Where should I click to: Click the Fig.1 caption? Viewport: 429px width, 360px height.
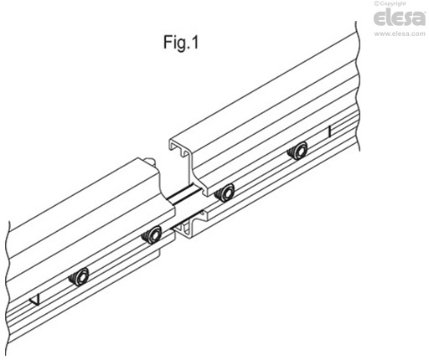click(181, 43)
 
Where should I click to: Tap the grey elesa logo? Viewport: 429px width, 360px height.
click(400, 18)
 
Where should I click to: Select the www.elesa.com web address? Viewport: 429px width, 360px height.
click(400, 33)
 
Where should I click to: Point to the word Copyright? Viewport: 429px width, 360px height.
click(393, 3)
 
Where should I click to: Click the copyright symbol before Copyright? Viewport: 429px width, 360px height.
click(377, 3)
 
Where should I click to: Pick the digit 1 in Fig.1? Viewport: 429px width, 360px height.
click(194, 43)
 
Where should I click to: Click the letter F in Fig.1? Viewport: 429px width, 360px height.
click(168, 43)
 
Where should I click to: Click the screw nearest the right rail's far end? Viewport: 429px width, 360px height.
click(297, 151)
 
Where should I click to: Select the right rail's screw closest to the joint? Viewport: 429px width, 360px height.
click(225, 193)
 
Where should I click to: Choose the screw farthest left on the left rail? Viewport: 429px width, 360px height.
click(79, 276)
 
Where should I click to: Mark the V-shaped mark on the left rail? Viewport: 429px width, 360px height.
click(35, 300)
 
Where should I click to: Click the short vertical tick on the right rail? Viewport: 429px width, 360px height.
click(330, 131)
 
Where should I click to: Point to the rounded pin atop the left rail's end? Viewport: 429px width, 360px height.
click(150, 161)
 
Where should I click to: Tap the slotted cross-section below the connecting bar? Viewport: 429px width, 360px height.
click(190, 224)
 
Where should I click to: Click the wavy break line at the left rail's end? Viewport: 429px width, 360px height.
click(8, 287)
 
